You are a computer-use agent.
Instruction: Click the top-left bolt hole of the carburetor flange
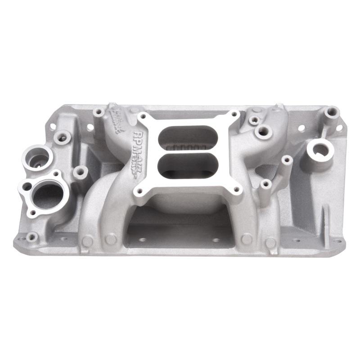coord(143,116)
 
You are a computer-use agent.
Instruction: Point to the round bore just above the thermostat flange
coord(37,158)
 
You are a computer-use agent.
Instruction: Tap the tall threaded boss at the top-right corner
coord(332,111)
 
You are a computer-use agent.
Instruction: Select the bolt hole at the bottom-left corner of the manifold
coord(31,236)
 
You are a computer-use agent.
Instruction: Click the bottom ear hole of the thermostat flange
coord(32,212)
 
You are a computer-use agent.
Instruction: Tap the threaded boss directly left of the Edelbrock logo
coord(98,112)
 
